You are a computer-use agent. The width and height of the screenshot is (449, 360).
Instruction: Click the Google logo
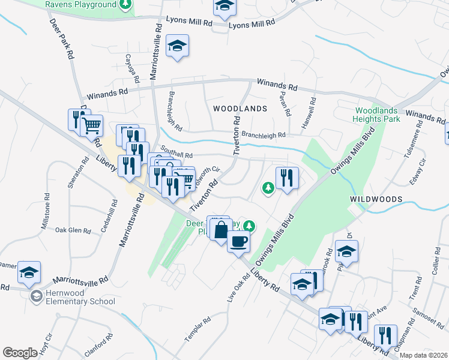point(20,353)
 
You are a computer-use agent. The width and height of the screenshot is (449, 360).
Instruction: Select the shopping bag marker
point(221,230)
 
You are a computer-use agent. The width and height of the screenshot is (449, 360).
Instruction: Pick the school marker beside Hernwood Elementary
point(28,272)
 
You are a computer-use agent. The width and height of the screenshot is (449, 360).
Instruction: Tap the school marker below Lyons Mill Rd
point(177,46)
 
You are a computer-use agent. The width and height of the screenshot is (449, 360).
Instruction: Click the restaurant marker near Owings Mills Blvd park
point(287,178)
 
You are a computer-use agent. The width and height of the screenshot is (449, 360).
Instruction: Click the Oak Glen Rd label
point(73,230)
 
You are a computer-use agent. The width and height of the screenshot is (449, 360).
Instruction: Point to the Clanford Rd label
point(98,344)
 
